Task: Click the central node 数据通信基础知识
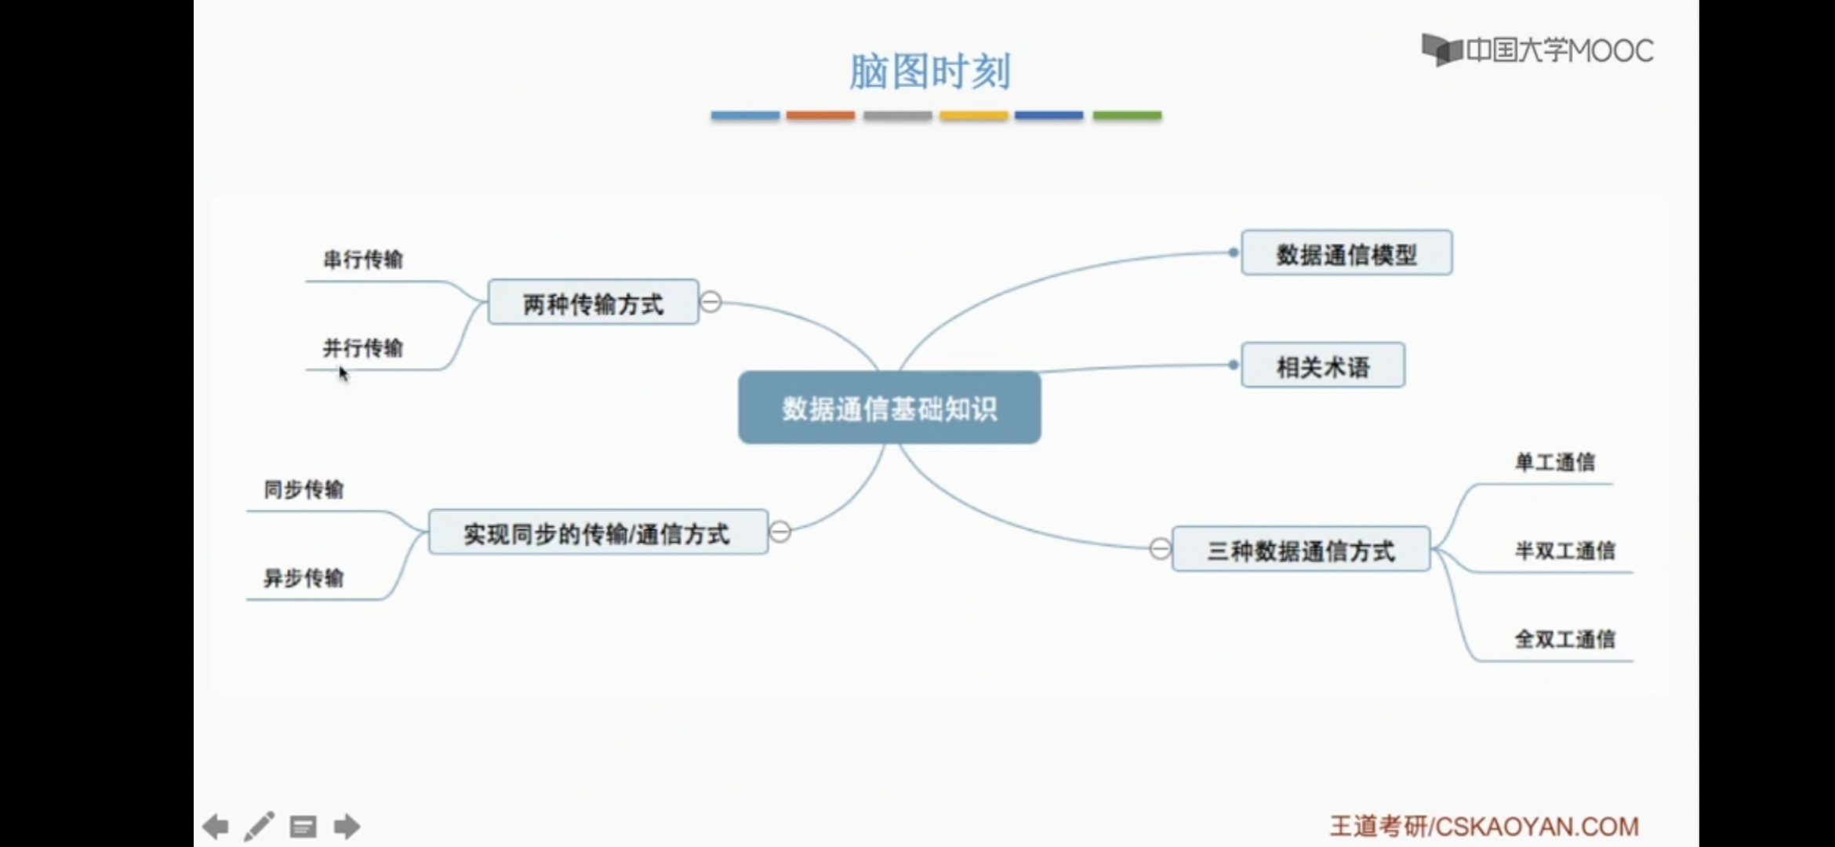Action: point(889,408)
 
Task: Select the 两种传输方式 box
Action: point(593,303)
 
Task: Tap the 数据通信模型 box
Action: point(1346,253)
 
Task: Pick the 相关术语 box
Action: point(1323,365)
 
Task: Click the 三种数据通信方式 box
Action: point(1301,550)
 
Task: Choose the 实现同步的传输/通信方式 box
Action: point(598,533)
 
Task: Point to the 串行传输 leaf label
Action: point(363,260)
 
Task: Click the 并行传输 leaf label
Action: point(363,347)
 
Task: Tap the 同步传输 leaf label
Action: point(303,489)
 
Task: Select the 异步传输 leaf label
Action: point(303,578)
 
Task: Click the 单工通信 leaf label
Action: point(1555,462)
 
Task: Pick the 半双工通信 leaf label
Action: point(1564,551)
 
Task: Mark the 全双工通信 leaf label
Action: point(1564,639)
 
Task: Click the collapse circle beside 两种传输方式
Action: point(710,302)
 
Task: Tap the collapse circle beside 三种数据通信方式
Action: point(1160,548)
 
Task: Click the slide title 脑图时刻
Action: point(930,72)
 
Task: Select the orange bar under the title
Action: point(820,115)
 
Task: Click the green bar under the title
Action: point(1127,115)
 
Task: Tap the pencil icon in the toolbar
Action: point(260,826)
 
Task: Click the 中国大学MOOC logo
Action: point(1538,51)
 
